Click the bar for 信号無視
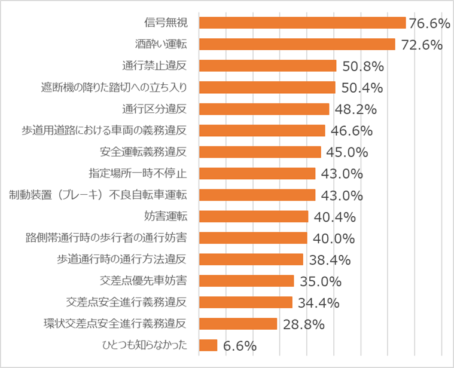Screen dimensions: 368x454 [x=302, y=23]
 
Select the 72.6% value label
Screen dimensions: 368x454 [x=422, y=45]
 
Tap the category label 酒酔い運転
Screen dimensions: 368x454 [x=161, y=44]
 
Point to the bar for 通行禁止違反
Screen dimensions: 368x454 [x=267, y=66]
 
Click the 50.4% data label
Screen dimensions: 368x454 [x=362, y=88]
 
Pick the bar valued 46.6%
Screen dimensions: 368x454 [x=262, y=130]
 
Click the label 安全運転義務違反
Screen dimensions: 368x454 [x=144, y=152]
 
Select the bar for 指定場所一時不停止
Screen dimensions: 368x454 [x=257, y=173]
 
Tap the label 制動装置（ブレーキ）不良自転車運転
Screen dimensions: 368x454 [x=99, y=195]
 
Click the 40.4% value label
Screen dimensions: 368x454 [x=334, y=217]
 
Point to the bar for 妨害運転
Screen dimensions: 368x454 [x=254, y=216]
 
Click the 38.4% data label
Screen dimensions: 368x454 [x=329, y=260]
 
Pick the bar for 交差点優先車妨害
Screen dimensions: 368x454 [x=246, y=281]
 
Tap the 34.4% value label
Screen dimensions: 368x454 [x=319, y=303]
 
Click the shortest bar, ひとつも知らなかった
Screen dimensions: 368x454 [x=208, y=345]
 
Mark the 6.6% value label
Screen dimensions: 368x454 [x=239, y=346]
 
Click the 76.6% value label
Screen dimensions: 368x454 [x=429, y=23]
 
